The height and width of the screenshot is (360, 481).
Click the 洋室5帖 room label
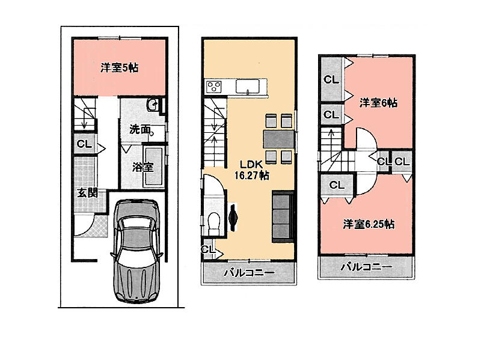coord(119,67)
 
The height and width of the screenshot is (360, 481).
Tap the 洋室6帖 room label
coord(378,103)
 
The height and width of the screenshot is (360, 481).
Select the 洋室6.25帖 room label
coord(369,224)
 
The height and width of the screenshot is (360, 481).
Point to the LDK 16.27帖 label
coord(252,170)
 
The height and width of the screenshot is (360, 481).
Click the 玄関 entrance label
coord(87,193)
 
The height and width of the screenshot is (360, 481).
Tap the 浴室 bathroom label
coord(142,167)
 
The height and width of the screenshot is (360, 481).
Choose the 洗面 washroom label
coord(140,129)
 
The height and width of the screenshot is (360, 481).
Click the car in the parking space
coord(137,250)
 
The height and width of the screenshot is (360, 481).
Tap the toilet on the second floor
coord(214,222)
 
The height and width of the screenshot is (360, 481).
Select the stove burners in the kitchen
coord(214,86)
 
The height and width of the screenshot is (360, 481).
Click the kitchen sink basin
coord(248,86)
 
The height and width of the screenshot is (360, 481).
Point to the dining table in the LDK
coord(279,139)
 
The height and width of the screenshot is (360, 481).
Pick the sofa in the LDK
coord(283,216)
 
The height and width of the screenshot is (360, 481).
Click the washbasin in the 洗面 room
coord(153,106)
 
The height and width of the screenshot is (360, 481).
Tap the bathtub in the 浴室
coord(154,166)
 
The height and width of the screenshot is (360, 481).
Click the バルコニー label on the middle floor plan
coord(249,273)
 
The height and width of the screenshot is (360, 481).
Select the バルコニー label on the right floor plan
coord(367,267)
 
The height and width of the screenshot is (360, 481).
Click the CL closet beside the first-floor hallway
coord(84,144)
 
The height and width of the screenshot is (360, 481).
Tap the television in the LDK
coord(233,218)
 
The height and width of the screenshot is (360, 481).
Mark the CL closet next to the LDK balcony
coord(209,249)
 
